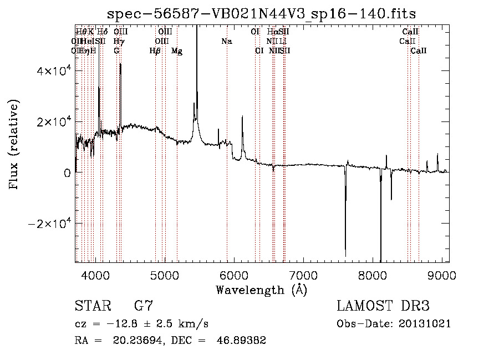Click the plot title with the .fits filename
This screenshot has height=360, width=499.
(x=262, y=13)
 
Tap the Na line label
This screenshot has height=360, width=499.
(x=226, y=41)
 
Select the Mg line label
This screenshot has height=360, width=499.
(x=177, y=51)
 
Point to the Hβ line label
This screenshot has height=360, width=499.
(x=155, y=51)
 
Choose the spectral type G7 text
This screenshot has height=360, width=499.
(x=143, y=306)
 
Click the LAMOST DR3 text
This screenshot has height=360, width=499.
(x=383, y=306)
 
